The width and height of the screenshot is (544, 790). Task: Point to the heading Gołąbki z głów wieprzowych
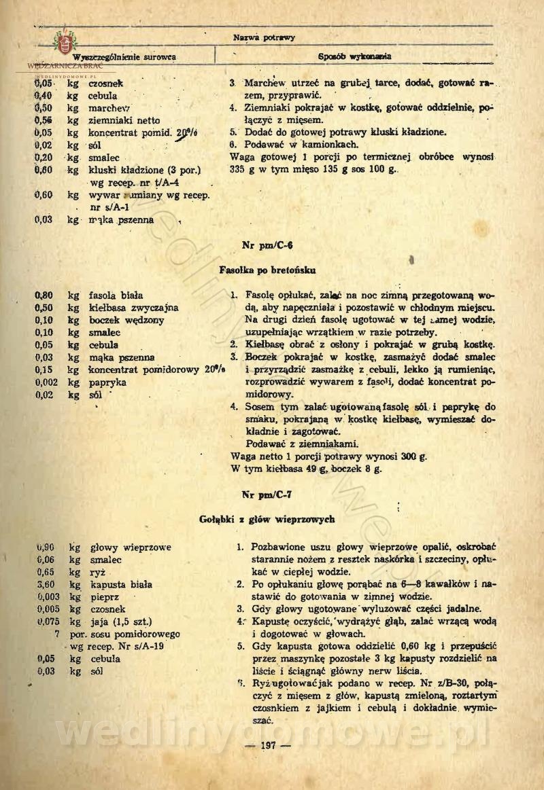(267, 519)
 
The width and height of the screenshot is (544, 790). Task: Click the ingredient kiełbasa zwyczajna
(133, 308)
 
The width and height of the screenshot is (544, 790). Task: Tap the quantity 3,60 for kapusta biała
(46, 584)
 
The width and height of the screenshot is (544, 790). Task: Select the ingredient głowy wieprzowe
(130, 547)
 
